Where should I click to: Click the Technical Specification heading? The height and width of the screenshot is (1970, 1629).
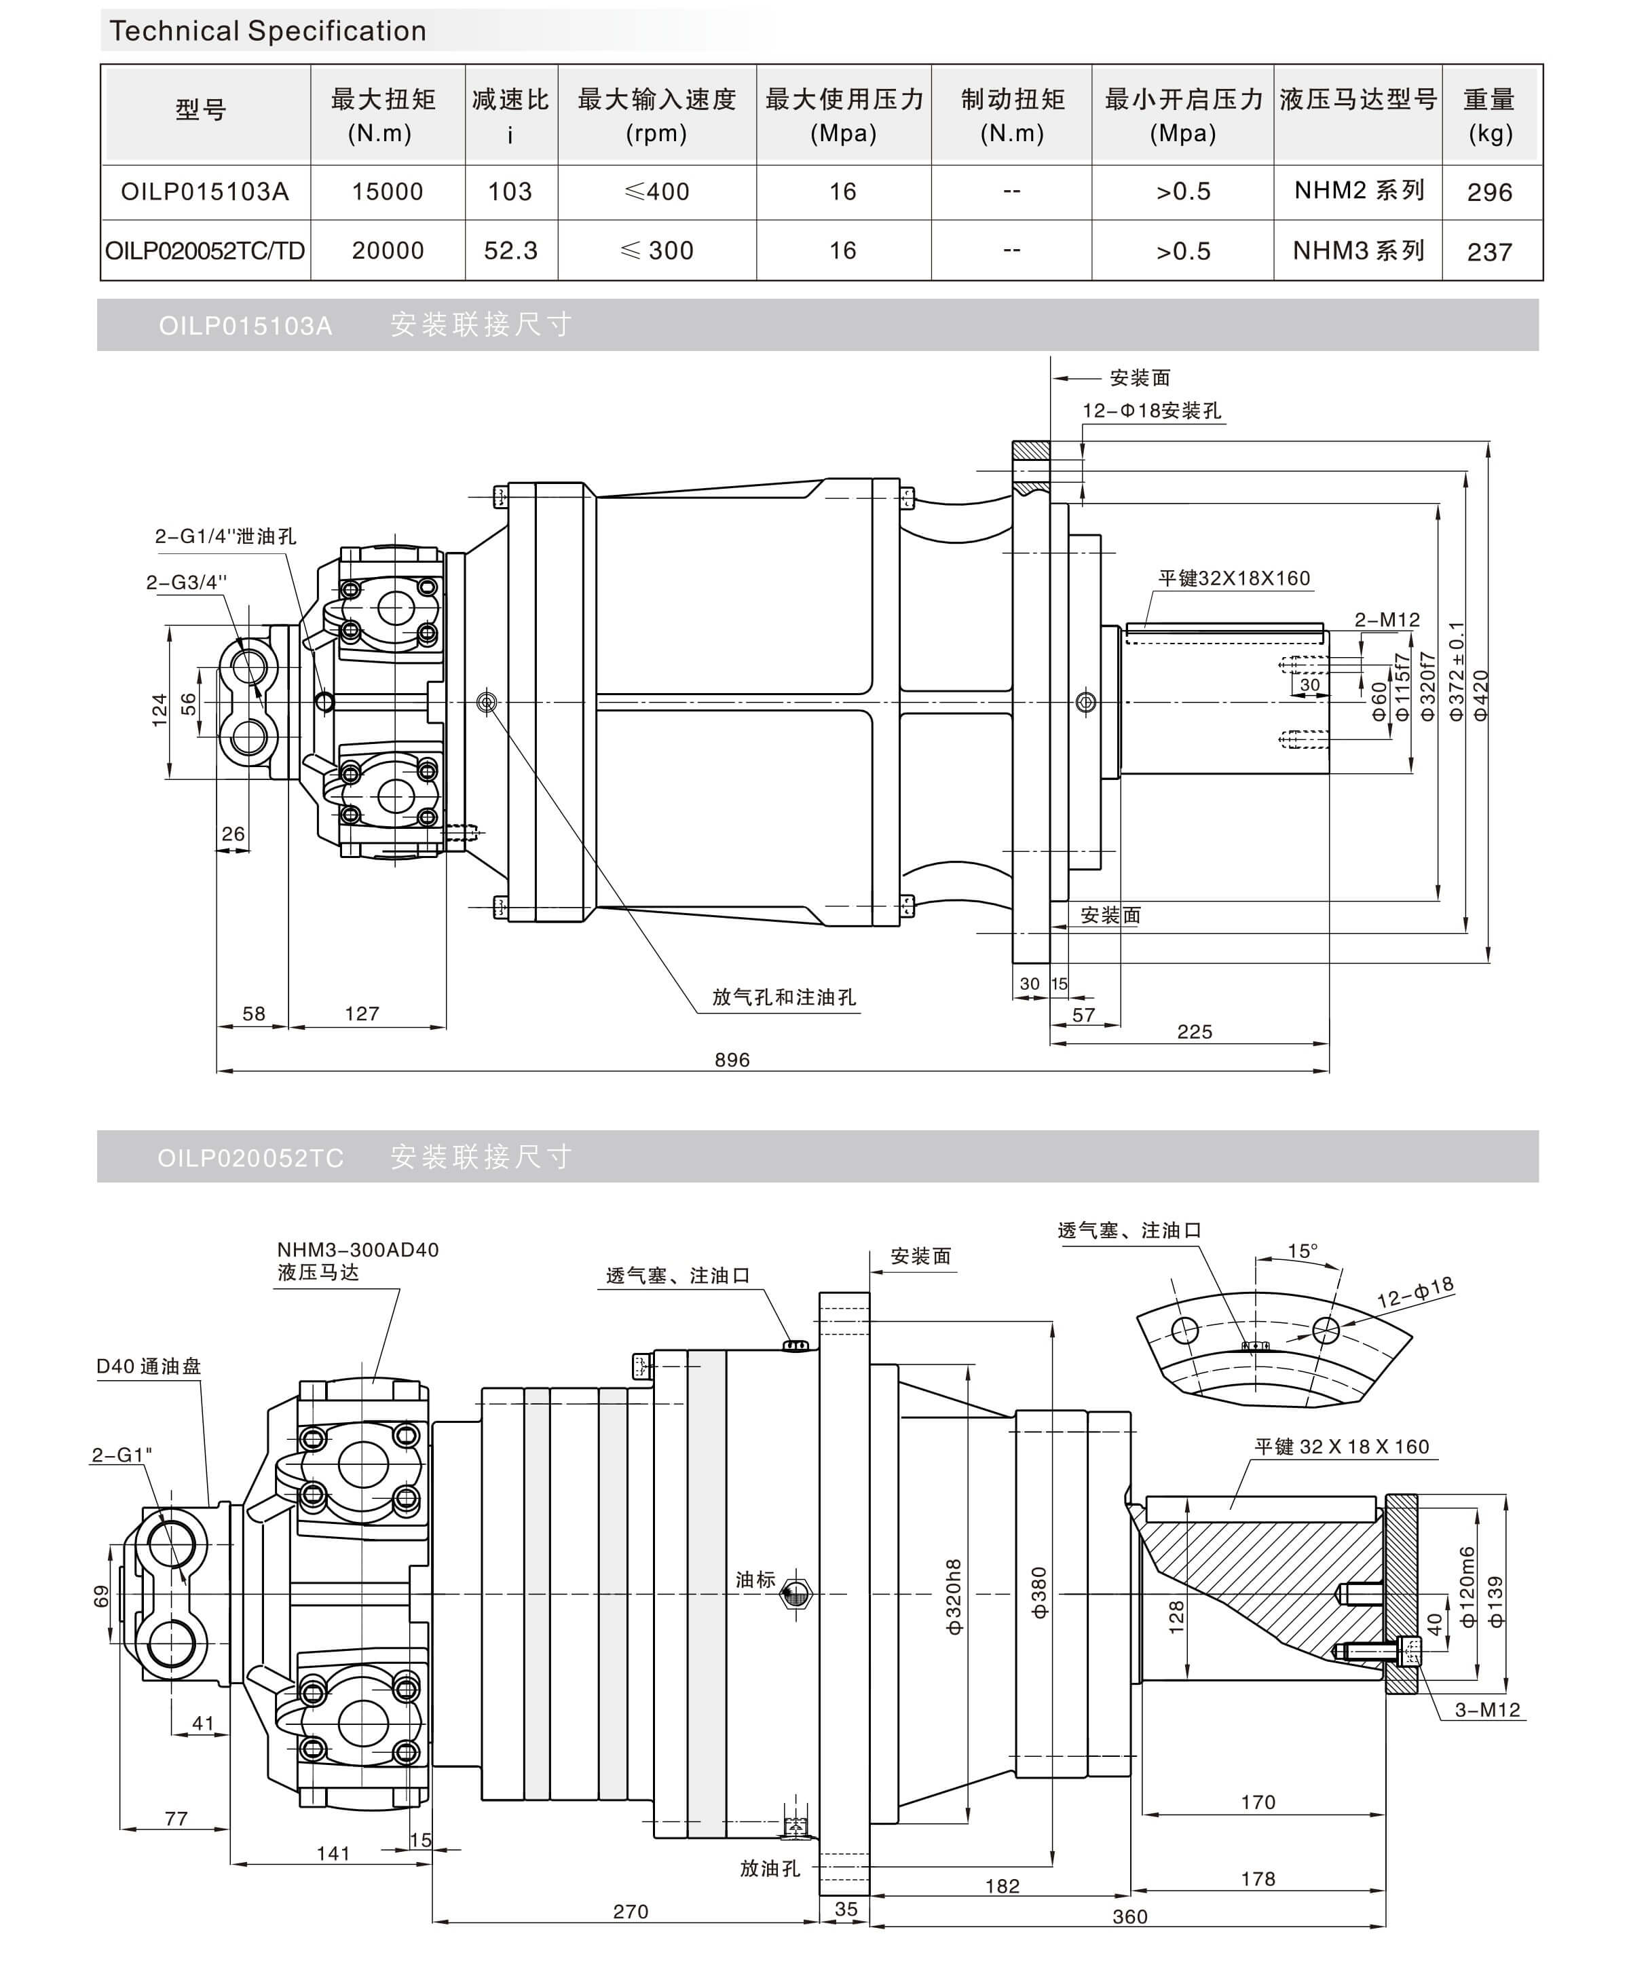[267, 31]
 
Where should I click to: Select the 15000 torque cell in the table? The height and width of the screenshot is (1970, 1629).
[388, 192]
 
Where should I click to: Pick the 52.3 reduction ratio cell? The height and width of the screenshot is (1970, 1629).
[510, 250]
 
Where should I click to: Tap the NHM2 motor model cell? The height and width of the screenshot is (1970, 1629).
[1358, 191]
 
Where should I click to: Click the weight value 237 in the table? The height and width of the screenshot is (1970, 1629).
[1489, 251]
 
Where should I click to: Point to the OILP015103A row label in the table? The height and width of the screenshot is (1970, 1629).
[204, 192]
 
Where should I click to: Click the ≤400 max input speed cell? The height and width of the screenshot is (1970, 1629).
[656, 192]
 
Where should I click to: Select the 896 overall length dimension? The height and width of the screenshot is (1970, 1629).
[732, 1059]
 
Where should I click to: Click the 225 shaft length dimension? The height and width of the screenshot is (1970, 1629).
[1194, 1032]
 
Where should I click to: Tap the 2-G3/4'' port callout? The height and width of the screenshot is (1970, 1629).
[186, 582]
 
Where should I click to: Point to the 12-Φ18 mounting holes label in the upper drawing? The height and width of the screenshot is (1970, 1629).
[1152, 411]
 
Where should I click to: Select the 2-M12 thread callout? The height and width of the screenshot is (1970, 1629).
[1386, 620]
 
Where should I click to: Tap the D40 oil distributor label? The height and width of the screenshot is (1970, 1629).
[148, 1366]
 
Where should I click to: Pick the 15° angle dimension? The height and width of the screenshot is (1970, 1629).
[1302, 1251]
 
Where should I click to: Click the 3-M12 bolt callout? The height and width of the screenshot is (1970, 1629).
[1486, 1710]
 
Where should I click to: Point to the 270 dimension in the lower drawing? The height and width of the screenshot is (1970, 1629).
[630, 1911]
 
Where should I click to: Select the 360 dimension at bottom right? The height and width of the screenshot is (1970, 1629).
[1129, 1916]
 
